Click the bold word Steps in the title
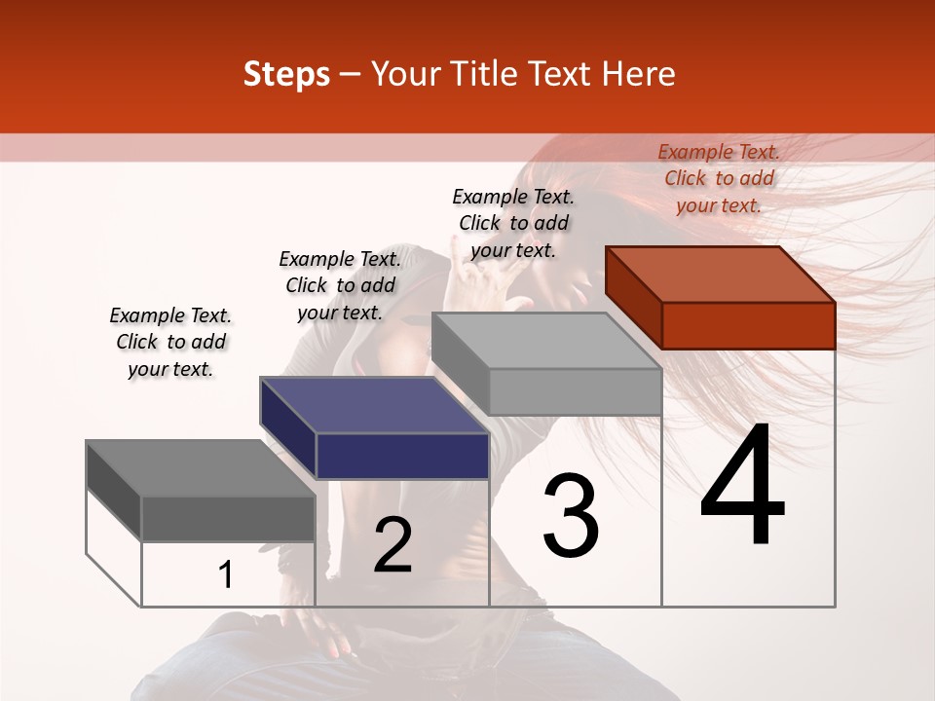pos(286,74)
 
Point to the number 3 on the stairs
pos(571,516)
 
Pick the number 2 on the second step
pos(393,545)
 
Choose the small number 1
pos(226,574)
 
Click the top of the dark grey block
pos(201,468)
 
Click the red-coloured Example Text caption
pos(719,178)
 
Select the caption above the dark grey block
pos(170,342)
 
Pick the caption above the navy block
pos(340,285)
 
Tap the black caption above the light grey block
pos(513,223)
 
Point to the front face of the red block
pos(748,325)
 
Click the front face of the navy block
pos(402,456)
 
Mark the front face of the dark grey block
pos(228,518)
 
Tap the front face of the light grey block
pos(575,391)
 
